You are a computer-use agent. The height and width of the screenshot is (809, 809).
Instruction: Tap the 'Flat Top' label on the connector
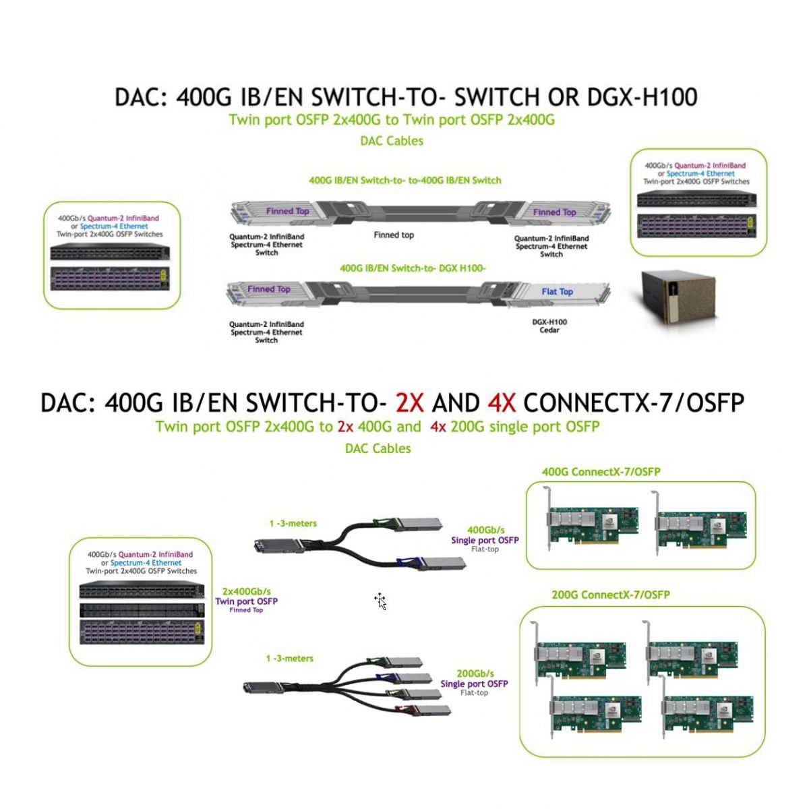[557, 292]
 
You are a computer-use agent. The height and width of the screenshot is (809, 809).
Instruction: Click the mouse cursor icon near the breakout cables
[381, 601]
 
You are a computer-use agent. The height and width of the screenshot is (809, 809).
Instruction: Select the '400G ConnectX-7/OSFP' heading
[601, 472]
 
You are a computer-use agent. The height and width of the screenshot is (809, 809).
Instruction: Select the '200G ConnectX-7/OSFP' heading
[611, 595]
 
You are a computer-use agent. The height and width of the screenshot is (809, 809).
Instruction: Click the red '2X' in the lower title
[409, 403]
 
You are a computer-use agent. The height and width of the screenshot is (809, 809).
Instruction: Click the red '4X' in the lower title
[501, 403]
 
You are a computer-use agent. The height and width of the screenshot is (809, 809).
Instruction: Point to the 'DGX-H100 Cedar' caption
[549, 326]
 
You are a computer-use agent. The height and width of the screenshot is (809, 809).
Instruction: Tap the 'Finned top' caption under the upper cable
[394, 235]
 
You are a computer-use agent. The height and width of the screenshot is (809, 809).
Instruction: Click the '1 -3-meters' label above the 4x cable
[289, 659]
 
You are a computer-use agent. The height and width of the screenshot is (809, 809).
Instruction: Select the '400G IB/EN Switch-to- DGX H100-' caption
[413, 268]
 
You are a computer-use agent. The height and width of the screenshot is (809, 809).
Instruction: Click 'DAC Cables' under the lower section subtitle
[378, 448]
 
